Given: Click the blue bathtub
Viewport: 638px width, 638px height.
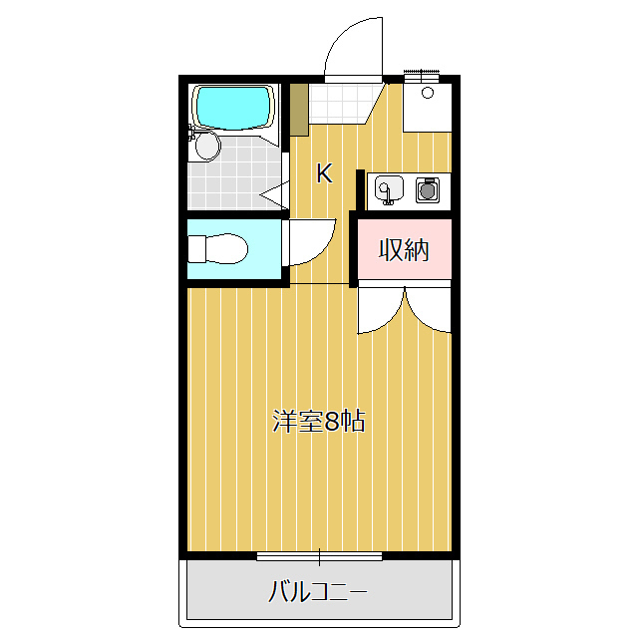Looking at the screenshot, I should click(233, 107).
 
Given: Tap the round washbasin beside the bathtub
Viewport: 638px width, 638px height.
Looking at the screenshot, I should click(206, 147).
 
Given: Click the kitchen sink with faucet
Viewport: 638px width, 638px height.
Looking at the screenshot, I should click(387, 187).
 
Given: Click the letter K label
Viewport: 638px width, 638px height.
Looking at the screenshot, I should click(324, 173).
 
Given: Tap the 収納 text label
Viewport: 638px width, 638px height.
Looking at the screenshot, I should click(404, 250).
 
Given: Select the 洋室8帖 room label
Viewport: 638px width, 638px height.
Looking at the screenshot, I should click(319, 421).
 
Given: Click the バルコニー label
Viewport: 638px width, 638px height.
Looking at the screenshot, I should click(318, 593).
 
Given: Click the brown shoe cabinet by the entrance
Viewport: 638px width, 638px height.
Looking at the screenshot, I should click(298, 110).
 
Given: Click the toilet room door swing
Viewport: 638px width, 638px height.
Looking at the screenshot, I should click(309, 244).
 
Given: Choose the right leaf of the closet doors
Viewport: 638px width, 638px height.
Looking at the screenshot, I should click(429, 309).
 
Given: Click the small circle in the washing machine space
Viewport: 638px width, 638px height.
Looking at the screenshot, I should click(427, 93).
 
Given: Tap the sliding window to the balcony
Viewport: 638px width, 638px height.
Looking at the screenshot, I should click(319, 556).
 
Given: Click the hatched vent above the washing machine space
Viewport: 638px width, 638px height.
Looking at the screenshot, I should click(422, 73).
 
